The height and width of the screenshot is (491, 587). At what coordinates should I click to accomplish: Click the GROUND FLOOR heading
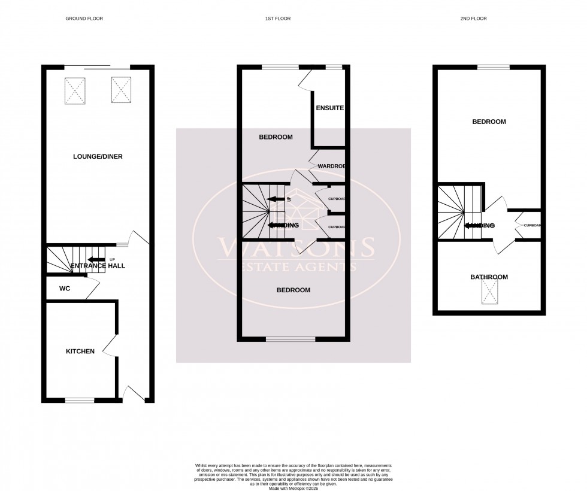coord(84,19)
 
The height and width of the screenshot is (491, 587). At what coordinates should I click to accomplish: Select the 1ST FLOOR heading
coord(277,19)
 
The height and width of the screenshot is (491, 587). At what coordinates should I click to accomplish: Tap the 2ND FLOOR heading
coord(474,19)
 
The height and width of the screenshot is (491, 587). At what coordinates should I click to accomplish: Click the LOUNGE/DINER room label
coord(98,157)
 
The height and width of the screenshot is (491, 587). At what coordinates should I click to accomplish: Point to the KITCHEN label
coord(80,351)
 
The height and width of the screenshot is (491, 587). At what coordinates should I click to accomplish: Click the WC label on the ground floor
coord(65,289)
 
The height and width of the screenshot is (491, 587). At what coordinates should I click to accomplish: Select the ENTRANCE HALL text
coord(98,266)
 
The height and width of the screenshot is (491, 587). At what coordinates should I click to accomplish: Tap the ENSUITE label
coord(330,108)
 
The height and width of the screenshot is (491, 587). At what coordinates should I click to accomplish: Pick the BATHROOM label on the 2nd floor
coord(489,277)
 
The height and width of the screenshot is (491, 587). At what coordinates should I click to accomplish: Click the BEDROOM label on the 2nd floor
coord(489,122)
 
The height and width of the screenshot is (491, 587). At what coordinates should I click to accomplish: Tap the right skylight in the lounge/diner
coord(120,90)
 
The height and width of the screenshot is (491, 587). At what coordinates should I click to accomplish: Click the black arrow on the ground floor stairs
coord(97,260)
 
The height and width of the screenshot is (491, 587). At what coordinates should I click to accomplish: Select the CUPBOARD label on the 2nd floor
coord(532,226)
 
